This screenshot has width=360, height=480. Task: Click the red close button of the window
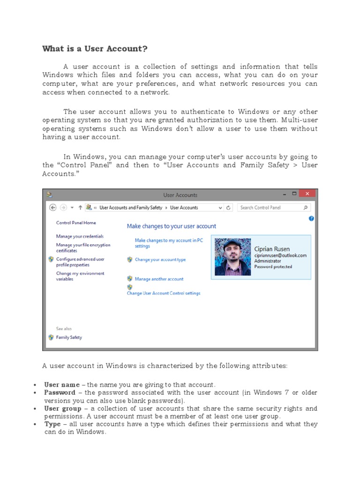pyautogui.click(x=307, y=194)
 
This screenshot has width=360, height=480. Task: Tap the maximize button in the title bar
pyautogui.click(x=294, y=194)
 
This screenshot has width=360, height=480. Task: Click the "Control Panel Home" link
pyautogui.click(x=76, y=223)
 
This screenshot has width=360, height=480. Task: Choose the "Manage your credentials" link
pyautogui.click(x=80, y=236)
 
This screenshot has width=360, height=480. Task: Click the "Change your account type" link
pyautogui.click(x=160, y=259)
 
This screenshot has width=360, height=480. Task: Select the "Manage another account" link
pyautogui.click(x=159, y=279)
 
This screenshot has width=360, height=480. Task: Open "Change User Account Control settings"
pyautogui.click(x=164, y=293)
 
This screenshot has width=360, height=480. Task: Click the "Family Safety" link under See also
pyautogui.click(x=69, y=337)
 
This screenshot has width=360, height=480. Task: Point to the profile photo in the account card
pyautogui.click(x=233, y=257)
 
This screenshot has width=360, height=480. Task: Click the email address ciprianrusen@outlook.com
pyautogui.click(x=280, y=255)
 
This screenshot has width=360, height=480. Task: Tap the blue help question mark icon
pyautogui.click(x=311, y=218)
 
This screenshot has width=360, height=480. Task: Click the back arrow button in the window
pyautogui.click(x=52, y=207)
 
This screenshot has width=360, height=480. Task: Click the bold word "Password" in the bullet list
pyautogui.click(x=60, y=392)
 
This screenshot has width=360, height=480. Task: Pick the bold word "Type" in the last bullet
pyautogui.click(x=52, y=424)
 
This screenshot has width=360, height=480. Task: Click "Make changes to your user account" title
pyautogui.click(x=172, y=226)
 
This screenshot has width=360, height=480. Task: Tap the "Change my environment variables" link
pyautogui.click(x=80, y=276)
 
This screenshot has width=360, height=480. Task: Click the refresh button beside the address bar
pyautogui.click(x=229, y=207)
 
